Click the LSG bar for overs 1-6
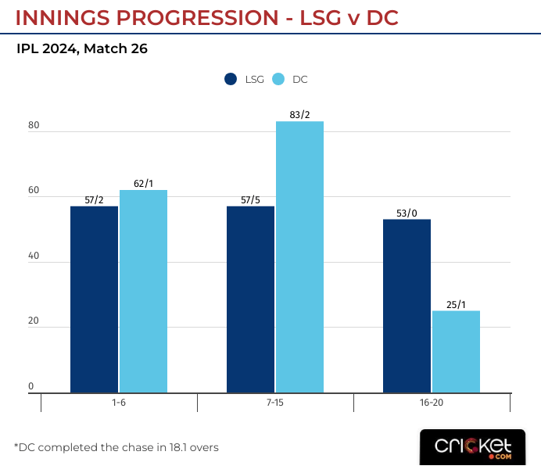[94, 299]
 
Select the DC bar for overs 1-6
[143, 291]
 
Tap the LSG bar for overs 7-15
[250, 299]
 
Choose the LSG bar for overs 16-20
[407, 306]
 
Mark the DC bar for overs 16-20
[456, 351]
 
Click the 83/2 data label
[299, 115]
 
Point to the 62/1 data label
[143, 184]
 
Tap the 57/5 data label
[250, 200]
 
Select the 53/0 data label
[407, 213]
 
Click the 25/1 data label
[456, 305]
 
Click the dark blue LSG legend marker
[231, 79]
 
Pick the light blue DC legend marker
[278, 79]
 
